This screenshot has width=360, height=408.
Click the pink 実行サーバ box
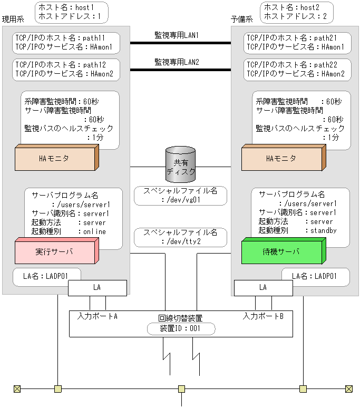pos(55,252)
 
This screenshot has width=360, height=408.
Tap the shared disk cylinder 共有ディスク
pos(180,164)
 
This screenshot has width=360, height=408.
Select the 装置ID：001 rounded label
pos(181,328)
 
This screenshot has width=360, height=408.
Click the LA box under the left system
pos(97,288)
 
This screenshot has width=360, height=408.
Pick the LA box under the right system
pos(263,288)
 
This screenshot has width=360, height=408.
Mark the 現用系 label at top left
pos(13,20)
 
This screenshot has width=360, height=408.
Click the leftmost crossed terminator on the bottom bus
pos(17,389)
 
